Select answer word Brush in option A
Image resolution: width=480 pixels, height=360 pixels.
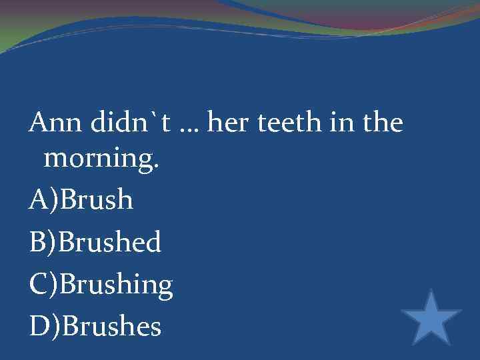click(97, 201)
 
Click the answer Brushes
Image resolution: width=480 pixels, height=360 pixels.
click(110, 327)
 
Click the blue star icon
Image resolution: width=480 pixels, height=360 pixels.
click(431, 318)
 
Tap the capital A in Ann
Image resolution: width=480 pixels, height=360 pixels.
click(37, 123)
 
